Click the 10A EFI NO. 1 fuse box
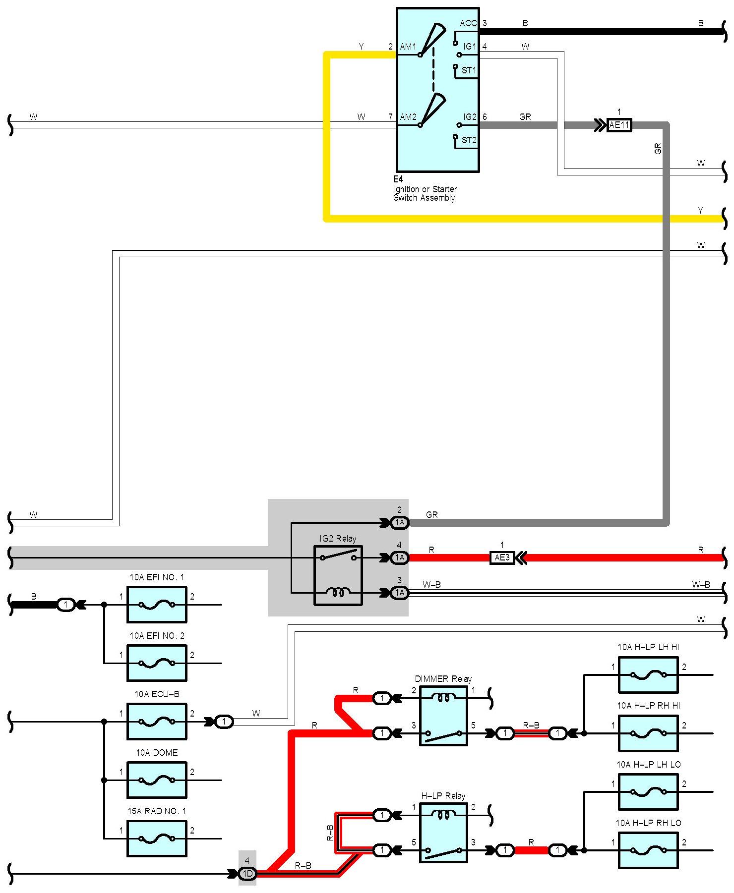(157, 605)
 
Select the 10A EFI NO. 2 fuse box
(157, 663)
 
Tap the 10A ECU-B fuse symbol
(157, 722)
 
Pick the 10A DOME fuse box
(157, 780)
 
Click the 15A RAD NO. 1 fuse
(157, 838)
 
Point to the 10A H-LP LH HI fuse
(648, 675)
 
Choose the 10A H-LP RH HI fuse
(648, 733)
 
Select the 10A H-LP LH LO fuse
(648, 792)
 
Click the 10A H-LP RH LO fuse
(648, 850)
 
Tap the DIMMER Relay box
(443, 716)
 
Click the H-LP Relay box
(443, 833)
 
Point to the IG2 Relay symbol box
(338, 575)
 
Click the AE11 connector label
(619, 125)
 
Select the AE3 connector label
(502, 558)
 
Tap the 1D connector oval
(247, 874)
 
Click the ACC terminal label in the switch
(468, 23)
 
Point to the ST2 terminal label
(469, 140)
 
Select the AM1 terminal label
(408, 47)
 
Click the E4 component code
(398, 179)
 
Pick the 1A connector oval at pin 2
(400, 522)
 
